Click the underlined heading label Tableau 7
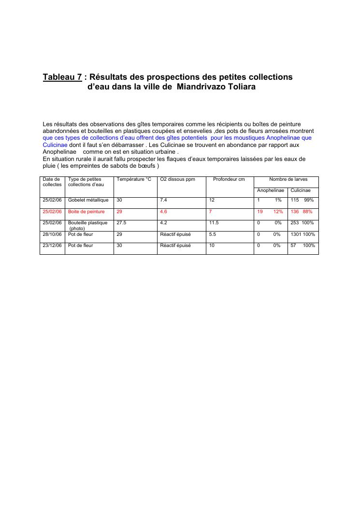(x=62, y=77)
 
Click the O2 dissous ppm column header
(x=177, y=179)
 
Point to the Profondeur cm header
(x=229, y=179)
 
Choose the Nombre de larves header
(x=288, y=179)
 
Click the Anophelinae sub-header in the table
(x=270, y=190)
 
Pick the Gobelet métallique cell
(x=88, y=200)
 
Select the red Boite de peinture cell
(x=86, y=212)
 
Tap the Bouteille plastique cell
(x=87, y=223)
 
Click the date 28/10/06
(x=52, y=234)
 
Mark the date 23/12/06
(x=52, y=246)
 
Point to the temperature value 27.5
(x=121, y=223)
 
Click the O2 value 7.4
(x=163, y=200)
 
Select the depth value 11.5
(x=214, y=223)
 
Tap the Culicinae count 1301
(x=296, y=234)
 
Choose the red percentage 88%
(x=308, y=212)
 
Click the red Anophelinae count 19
(x=260, y=212)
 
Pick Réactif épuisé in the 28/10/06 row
(x=175, y=234)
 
